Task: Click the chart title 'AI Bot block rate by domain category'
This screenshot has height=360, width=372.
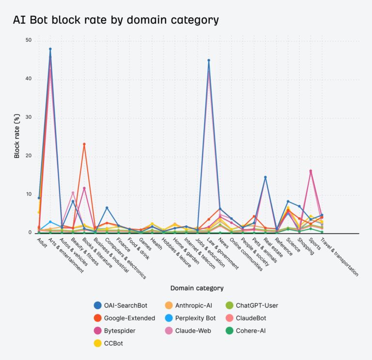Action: click(116, 20)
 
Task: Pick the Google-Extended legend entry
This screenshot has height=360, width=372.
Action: click(124, 318)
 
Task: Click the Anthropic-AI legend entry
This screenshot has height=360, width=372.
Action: click(190, 306)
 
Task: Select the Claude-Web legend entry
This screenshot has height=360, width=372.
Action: click(189, 331)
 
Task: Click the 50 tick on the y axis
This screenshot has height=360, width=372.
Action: click(28, 40)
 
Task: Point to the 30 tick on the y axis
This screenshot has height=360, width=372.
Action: click(28, 117)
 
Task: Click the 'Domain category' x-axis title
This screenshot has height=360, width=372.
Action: click(197, 288)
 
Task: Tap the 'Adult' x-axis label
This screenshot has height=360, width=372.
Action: click(42, 240)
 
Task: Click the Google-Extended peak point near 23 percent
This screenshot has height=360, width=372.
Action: click(84, 144)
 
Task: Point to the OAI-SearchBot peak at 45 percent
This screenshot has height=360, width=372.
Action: click(209, 61)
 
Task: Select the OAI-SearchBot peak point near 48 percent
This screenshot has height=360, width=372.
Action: click(50, 49)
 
